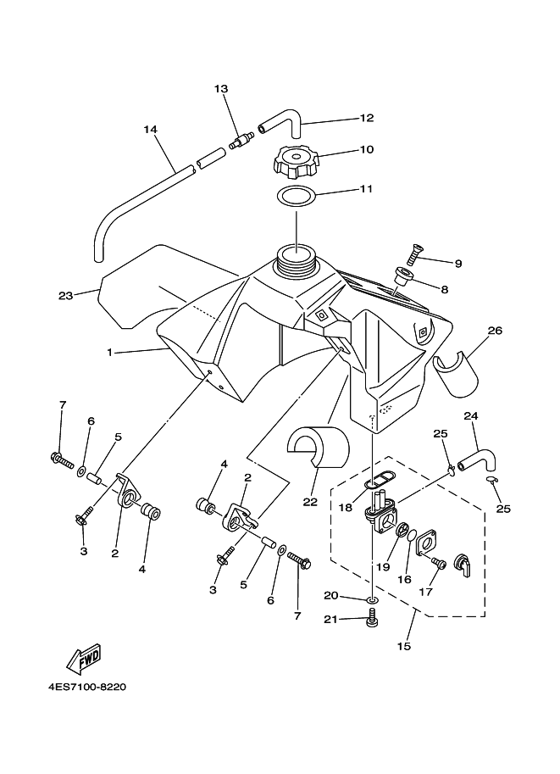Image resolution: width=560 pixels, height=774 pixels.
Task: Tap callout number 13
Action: click(221, 89)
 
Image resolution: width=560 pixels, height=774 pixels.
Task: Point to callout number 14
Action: click(150, 130)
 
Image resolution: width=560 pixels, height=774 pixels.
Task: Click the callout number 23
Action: click(65, 296)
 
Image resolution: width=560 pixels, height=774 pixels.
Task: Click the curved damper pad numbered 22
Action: click(319, 446)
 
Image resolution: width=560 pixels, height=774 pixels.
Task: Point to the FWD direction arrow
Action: click(81, 660)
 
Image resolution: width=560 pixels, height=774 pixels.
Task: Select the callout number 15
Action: click(403, 647)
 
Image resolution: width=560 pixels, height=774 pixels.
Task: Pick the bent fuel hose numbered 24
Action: click(477, 458)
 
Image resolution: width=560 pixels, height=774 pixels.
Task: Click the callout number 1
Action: click(110, 352)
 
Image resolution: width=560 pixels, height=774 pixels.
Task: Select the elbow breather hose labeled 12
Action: click(281, 125)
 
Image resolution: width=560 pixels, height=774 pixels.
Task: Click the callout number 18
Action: click(345, 507)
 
